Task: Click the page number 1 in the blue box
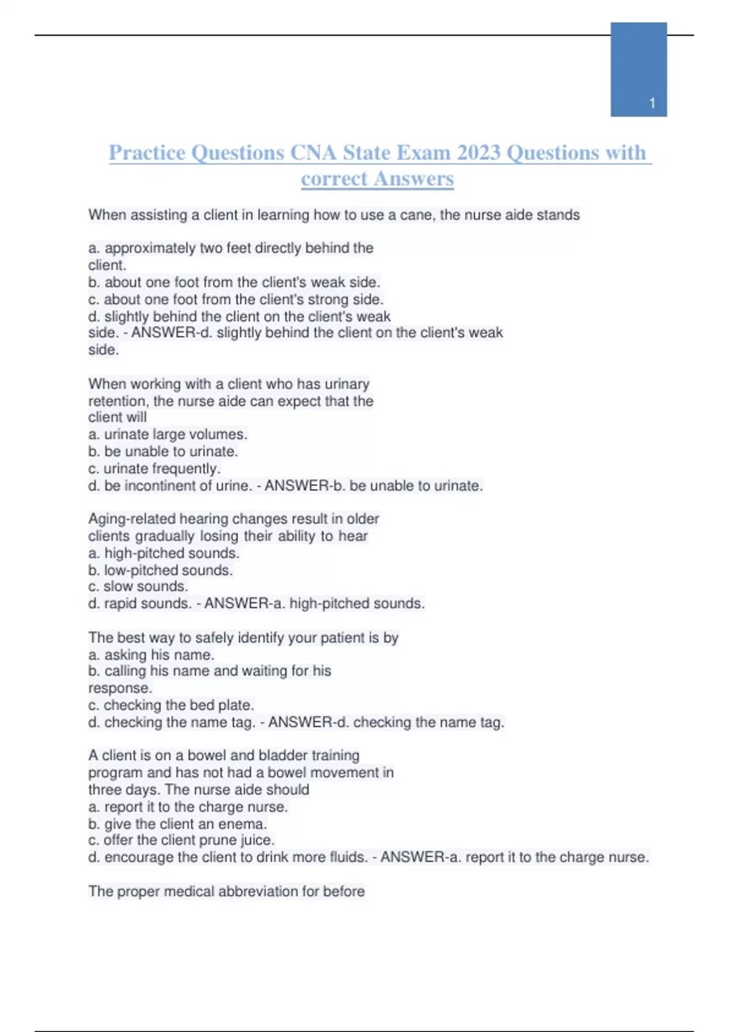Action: tap(652, 103)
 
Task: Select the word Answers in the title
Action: tap(414, 178)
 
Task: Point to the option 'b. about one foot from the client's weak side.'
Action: tap(234, 282)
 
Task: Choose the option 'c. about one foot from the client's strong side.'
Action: tap(236, 299)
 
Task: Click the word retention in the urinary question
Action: tap(118, 401)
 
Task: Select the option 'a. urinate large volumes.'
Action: tap(168, 435)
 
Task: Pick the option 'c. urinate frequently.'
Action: tap(154, 469)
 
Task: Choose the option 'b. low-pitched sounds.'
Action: tap(160, 571)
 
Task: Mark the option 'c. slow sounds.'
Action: tap(138, 586)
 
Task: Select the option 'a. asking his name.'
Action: tap(151, 655)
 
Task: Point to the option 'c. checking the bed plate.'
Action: tap(171, 705)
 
